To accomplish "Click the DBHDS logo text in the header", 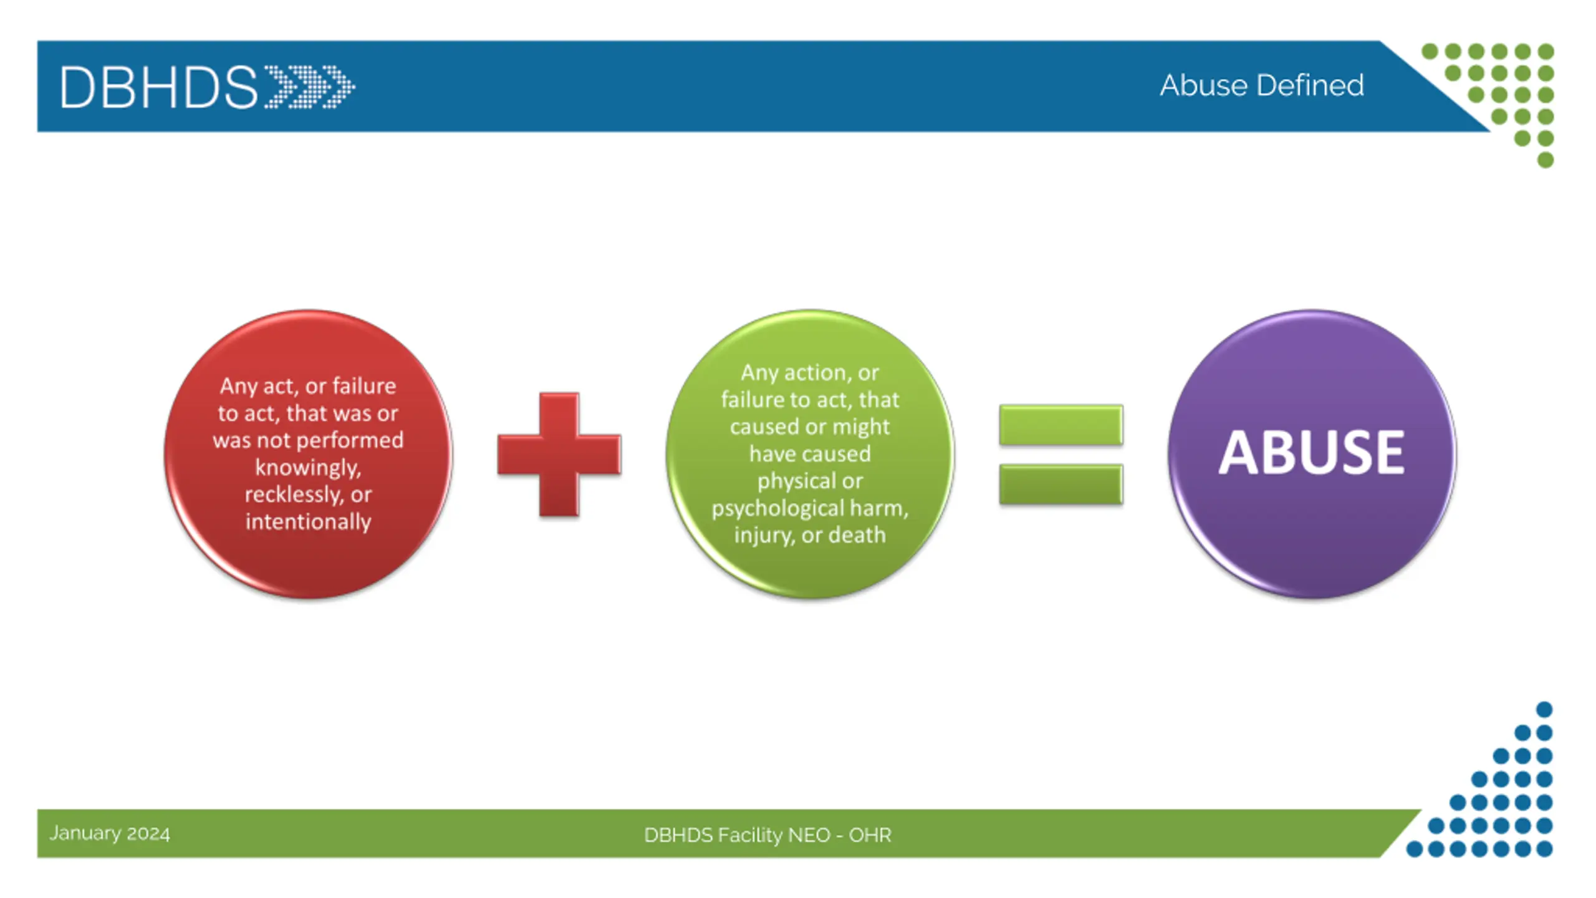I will (x=158, y=87).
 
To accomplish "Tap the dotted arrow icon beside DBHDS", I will (x=310, y=87).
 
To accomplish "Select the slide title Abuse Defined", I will (x=1261, y=85).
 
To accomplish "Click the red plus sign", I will (x=559, y=455).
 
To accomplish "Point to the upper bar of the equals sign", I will (x=1060, y=425).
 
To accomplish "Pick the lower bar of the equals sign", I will (x=1060, y=484).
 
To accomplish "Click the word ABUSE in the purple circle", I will (x=1312, y=453).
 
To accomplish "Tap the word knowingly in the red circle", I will (x=307, y=467).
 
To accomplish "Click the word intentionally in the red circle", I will (x=308, y=521).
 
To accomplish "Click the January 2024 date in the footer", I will (x=110, y=833).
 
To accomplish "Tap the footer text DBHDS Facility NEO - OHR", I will (x=767, y=835).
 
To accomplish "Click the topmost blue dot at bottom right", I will (x=1544, y=709).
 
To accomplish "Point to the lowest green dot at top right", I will (x=1545, y=160).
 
